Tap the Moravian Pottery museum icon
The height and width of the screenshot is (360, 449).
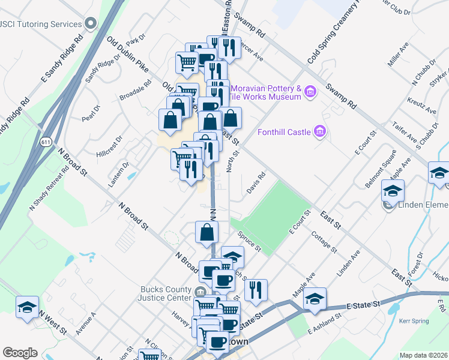tap(310, 92)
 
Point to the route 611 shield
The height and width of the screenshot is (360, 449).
tap(46, 142)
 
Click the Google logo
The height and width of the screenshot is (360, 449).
tap(20, 353)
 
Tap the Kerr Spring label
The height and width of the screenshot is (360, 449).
tap(414, 321)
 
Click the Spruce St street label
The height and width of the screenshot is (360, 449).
tap(249, 240)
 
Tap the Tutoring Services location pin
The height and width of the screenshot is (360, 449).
tap(91, 24)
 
